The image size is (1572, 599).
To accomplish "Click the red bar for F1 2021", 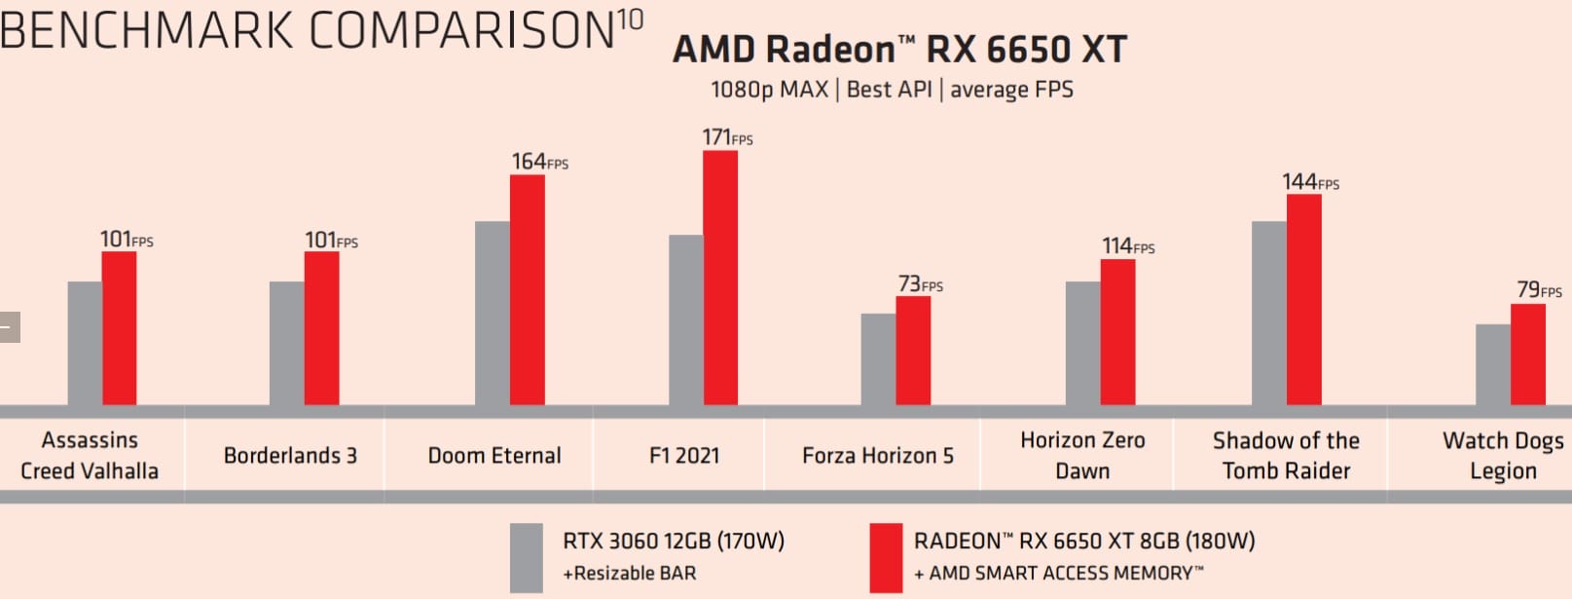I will tap(720, 278).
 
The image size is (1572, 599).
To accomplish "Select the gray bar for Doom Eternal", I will tap(493, 313).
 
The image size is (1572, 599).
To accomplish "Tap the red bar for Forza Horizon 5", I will tap(913, 351).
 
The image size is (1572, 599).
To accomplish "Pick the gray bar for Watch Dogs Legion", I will tap(1493, 364).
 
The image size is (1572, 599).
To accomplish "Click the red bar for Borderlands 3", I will tap(321, 328).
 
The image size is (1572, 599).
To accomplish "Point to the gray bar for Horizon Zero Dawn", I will tap(1083, 343).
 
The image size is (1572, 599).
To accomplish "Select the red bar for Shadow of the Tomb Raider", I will tap(1304, 299).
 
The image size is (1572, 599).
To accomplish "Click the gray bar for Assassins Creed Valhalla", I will tap(85, 343).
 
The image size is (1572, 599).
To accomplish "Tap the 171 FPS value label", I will tap(727, 137).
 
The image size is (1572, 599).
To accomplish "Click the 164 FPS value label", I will tap(539, 162).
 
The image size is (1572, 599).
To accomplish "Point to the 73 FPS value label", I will tap(920, 283).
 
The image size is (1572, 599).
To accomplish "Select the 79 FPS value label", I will tap(1538, 289).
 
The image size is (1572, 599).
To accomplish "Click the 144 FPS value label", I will tap(1310, 182).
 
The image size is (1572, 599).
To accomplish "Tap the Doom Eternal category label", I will tap(494, 455).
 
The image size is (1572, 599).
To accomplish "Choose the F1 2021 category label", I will tap(684, 455).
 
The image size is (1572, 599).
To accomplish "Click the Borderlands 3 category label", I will tap(290, 455).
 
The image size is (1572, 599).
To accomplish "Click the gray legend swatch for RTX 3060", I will tap(527, 557).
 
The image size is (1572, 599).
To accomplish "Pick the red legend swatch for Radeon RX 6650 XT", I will tap(886, 557).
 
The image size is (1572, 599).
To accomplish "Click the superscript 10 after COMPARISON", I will tap(630, 20).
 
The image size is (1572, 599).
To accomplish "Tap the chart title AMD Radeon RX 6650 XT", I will tap(899, 49).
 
